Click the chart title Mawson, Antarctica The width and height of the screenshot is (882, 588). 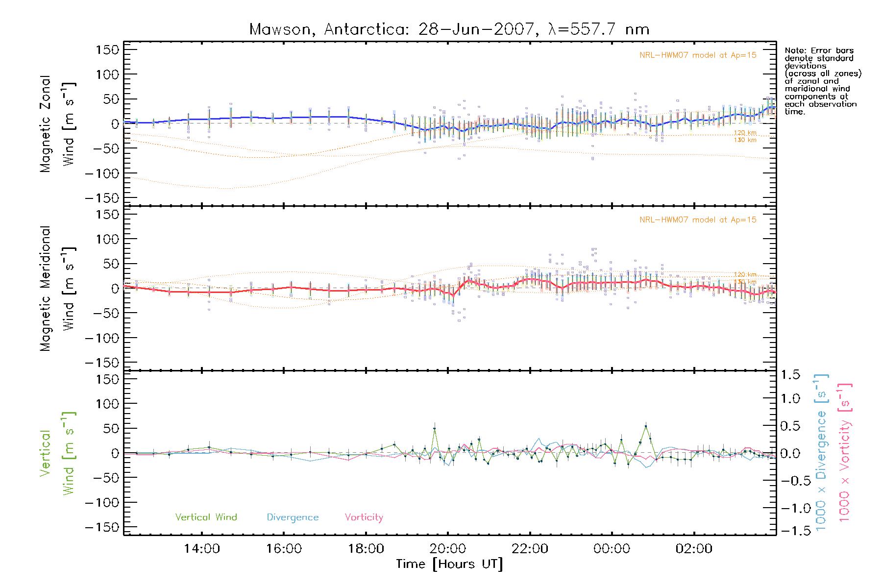coord(449,29)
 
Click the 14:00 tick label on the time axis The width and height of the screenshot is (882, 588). coord(202,549)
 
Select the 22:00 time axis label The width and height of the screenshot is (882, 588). coord(530,549)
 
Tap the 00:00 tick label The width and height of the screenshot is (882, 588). coord(612,549)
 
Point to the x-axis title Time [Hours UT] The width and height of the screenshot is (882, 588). coord(449,564)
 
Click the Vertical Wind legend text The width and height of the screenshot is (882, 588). coord(206,517)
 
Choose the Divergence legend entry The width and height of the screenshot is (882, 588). coord(293,517)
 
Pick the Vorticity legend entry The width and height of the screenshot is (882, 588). coord(364,517)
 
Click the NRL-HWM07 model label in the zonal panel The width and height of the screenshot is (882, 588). coord(698,55)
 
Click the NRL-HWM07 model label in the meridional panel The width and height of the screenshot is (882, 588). coord(698,220)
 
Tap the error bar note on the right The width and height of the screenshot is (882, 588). coord(822,81)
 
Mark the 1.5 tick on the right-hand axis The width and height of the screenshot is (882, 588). coord(790,375)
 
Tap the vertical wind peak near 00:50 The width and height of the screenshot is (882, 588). coord(646,426)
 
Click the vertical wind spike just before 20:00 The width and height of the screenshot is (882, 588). coord(434,429)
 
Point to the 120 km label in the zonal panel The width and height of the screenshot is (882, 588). coord(745,133)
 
